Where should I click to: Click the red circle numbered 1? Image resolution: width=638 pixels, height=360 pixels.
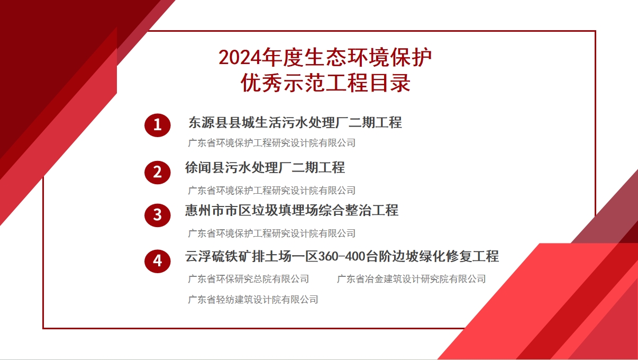[158, 125]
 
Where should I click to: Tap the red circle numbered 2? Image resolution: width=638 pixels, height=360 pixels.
[158, 173]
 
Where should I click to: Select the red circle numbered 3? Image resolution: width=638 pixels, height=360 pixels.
[158, 215]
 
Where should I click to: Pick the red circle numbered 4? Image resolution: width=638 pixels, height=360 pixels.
[158, 261]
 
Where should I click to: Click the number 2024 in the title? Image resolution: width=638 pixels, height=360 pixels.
[240, 58]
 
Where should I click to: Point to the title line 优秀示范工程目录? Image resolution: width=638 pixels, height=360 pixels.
[325, 83]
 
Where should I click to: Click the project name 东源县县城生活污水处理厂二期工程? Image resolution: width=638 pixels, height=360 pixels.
[295, 123]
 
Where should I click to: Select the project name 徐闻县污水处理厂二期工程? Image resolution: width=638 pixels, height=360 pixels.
[265, 167]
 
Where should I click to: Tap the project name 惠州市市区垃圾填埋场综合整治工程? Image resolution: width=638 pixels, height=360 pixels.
[291, 210]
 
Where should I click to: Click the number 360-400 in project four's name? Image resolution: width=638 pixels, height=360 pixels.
[342, 256]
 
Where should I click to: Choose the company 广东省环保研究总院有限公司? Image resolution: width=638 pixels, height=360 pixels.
[248, 279]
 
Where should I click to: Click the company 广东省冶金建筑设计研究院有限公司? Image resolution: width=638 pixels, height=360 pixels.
[411, 279]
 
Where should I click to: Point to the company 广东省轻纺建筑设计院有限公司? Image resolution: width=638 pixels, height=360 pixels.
[253, 300]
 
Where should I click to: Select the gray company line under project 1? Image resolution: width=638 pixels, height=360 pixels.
[272, 143]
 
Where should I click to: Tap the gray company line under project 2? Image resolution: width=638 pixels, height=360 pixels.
[272, 191]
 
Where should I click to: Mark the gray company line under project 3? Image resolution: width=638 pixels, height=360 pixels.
[272, 233]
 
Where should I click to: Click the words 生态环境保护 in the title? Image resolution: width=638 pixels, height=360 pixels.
[368, 57]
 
